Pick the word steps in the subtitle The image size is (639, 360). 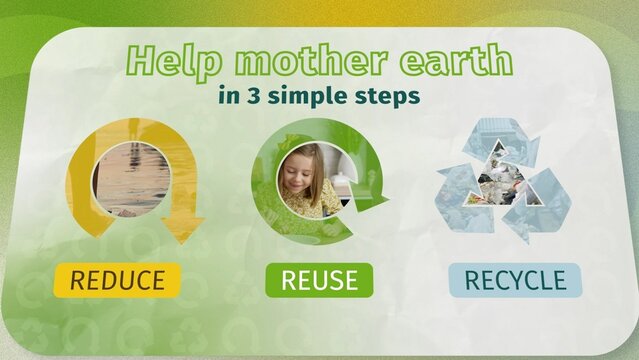pyautogui.click(x=386, y=98)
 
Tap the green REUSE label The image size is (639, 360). pyautogui.click(x=319, y=280)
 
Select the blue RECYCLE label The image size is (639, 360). pyautogui.click(x=508, y=280)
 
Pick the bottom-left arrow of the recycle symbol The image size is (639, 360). pyautogui.click(x=462, y=205)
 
